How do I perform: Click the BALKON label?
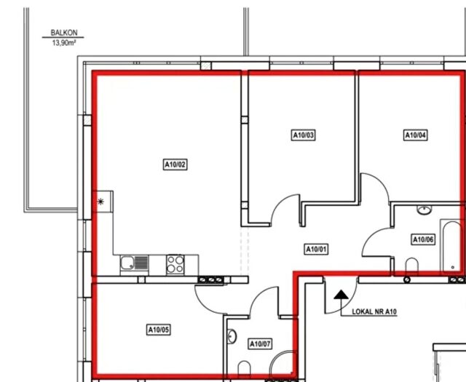(64, 33)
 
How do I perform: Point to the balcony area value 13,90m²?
(64, 43)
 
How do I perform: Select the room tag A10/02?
(175, 164)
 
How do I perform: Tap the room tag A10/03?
(303, 135)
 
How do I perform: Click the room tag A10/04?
(416, 135)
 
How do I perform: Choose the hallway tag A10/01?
(316, 249)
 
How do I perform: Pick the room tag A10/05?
(159, 330)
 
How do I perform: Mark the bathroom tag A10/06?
(423, 239)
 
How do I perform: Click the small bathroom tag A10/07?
(260, 344)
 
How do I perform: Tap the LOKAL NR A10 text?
(374, 312)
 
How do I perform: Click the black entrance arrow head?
(341, 295)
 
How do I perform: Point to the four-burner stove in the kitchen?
(175, 264)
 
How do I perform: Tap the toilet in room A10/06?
(412, 265)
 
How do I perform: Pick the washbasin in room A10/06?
(424, 210)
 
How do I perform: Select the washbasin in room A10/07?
(232, 337)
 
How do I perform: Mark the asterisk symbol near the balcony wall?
(100, 202)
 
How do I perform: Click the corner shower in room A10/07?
(283, 362)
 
